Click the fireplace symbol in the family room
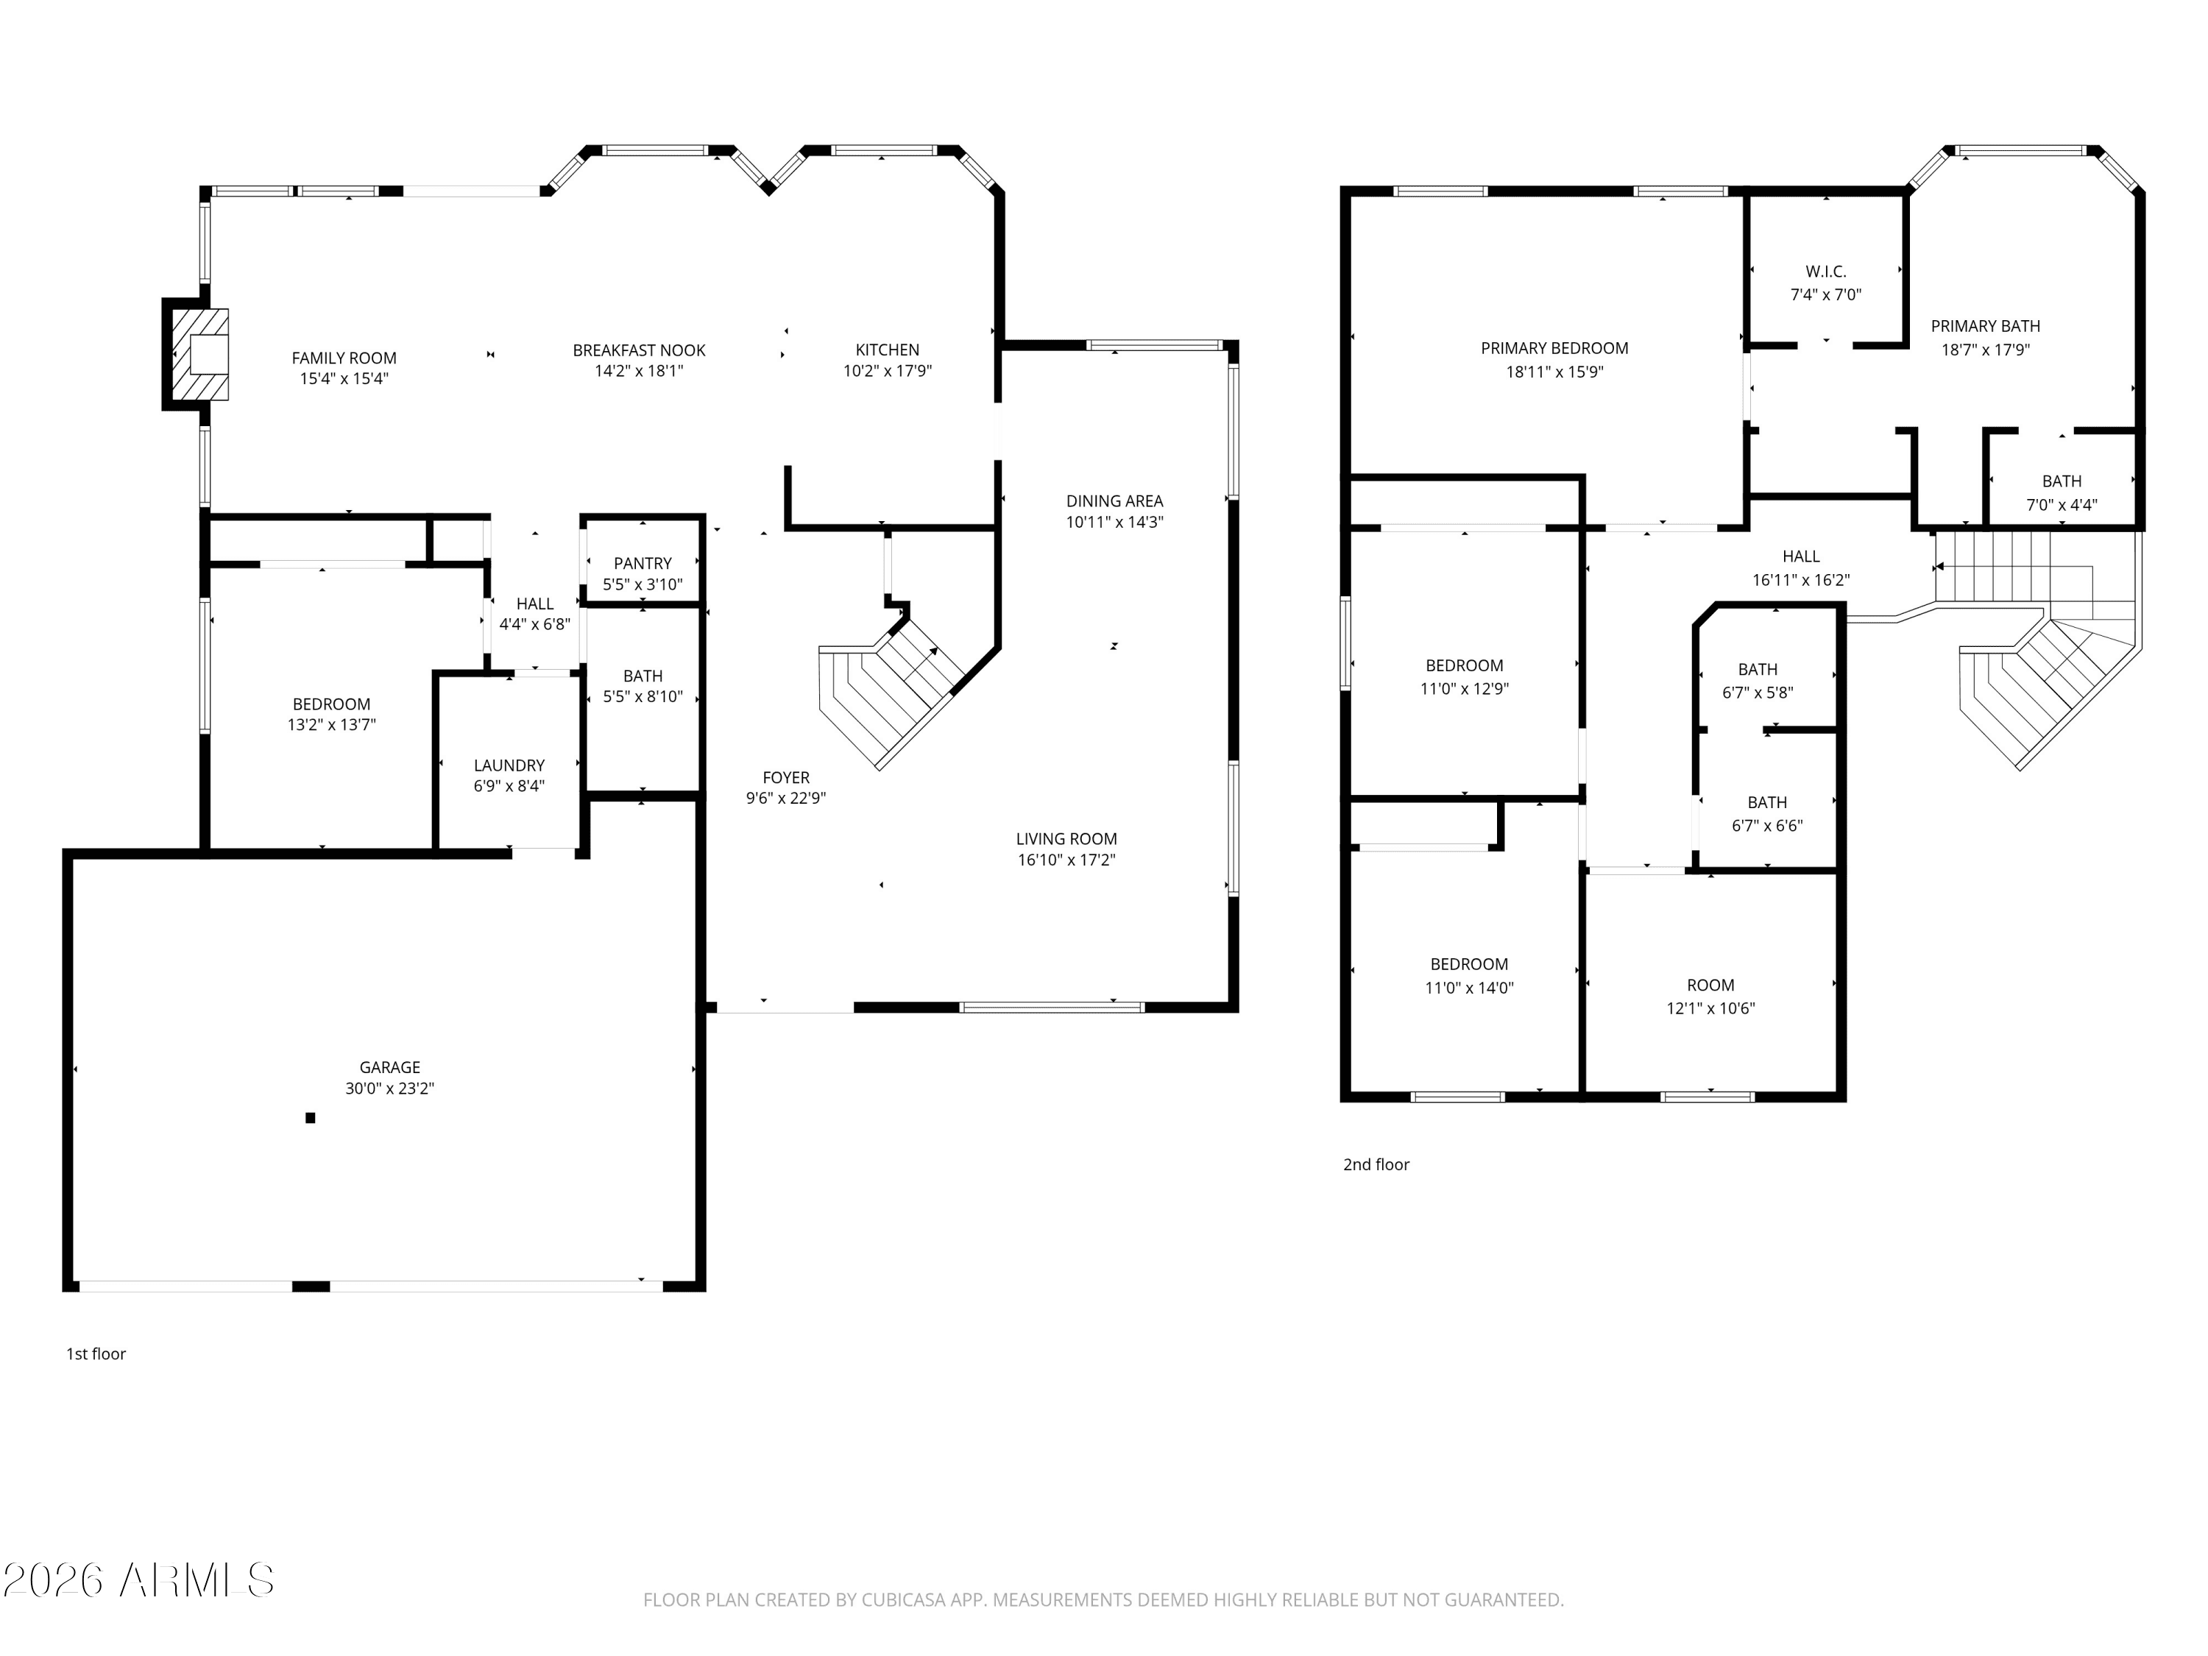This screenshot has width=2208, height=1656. [x=199, y=354]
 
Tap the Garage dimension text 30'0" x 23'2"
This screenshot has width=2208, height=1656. [x=389, y=1088]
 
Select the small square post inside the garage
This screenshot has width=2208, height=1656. [x=311, y=1118]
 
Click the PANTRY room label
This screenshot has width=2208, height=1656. [x=642, y=563]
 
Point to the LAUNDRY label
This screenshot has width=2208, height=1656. [x=509, y=765]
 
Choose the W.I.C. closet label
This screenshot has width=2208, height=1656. [x=1826, y=272]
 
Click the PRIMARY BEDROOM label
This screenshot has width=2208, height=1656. [x=1554, y=348]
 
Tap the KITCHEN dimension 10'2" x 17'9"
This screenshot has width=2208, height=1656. [x=888, y=370]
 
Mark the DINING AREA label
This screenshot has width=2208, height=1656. [x=1114, y=501]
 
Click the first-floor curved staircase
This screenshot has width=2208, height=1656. [x=888, y=689]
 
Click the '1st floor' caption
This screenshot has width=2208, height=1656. [x=96, y=1354]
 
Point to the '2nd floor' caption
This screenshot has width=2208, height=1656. [x=1376, y=1164]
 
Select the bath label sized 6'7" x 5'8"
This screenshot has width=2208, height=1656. [x=1757, y=670]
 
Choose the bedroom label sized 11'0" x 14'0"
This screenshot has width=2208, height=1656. [x=1468, y=964]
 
